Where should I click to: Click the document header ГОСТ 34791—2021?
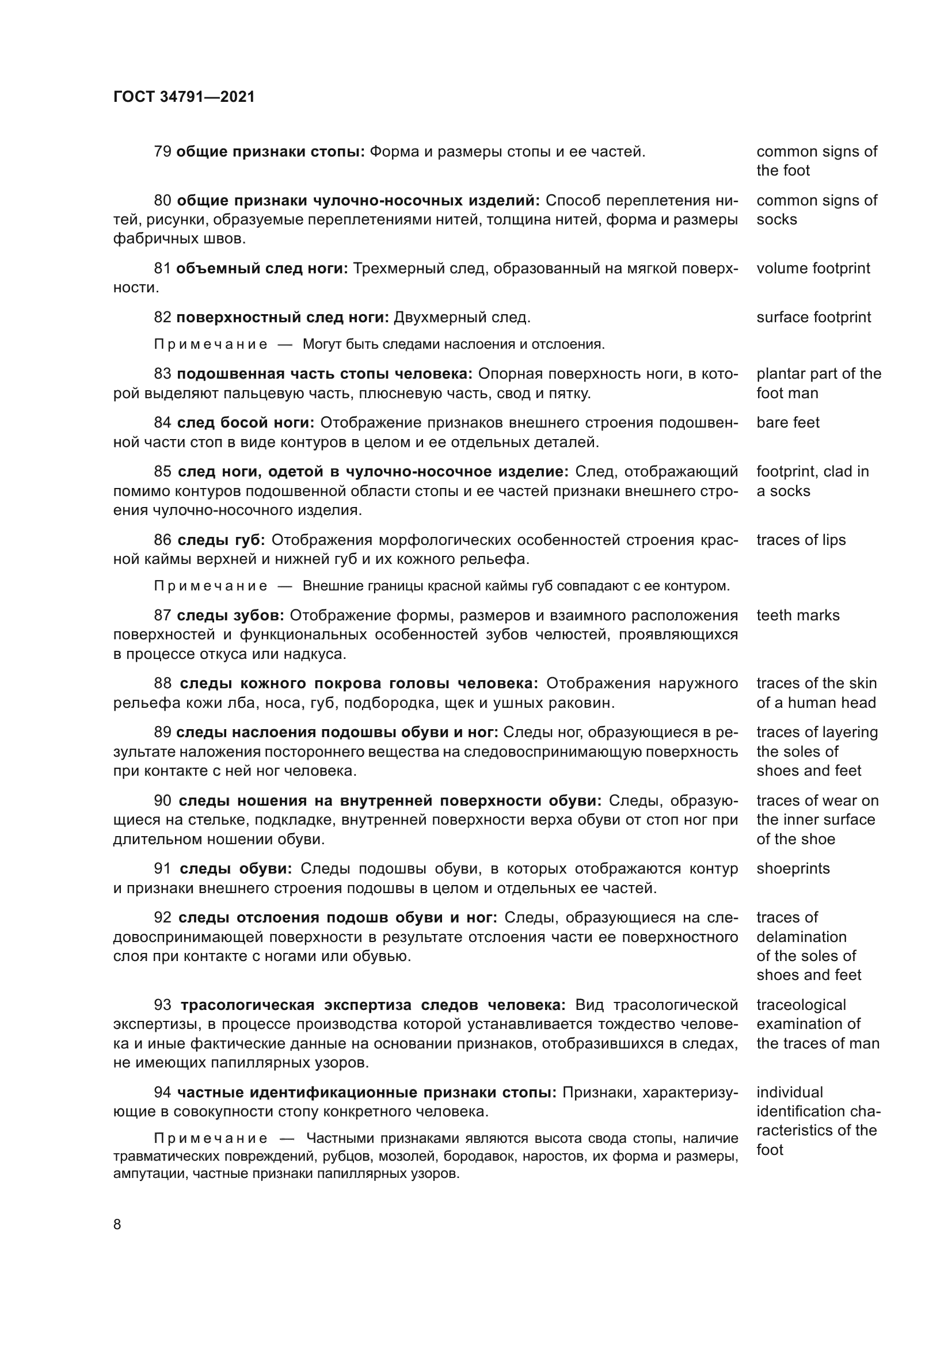[x=184, y=97]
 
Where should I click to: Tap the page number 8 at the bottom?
[x=117, y=1224]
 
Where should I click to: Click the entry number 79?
[x=162, y=152]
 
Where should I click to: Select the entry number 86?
[x=163, y=540]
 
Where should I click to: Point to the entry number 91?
[x=163, y=868]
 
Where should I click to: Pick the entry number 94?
[x=162, y=1092]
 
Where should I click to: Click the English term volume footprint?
[x=813, y=269]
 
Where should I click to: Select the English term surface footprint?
[x=814, y=317]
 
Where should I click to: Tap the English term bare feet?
[x=788, y=423]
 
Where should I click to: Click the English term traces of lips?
[x=801, y=540]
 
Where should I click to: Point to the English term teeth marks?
[x=798, y=615]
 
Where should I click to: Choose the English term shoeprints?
[x=793, y=868]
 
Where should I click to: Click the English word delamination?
[x=801, y=937]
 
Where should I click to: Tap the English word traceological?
[x=801, y=1005]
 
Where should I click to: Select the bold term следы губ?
[x=222, y=540]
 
